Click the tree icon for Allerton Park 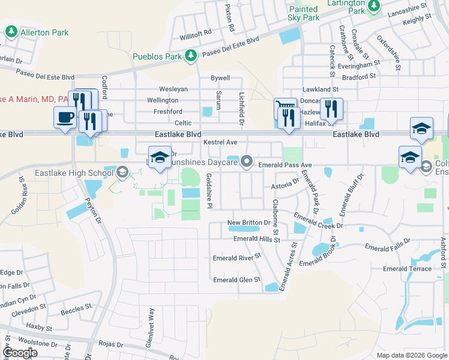[x=11, y=31]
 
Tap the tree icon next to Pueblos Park [x=191, y=56]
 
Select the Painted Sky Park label [x=303, y=13]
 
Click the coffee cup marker [x=65, y=118]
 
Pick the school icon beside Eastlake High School [x=122, y=173]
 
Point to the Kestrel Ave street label [x=221, y=142]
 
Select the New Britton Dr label [x=249, y=223]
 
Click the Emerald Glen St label [x=237, y=280]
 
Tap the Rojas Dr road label [x=111, y=344]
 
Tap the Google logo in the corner [x=20, y=353]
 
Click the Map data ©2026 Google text [x=411, y=355]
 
